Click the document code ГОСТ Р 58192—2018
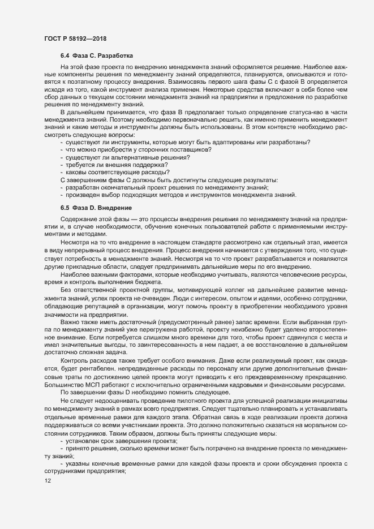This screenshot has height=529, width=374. pyautogui.click(x=75, y=39)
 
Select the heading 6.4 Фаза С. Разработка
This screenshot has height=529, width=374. pyautogui.click(x=97, y=56)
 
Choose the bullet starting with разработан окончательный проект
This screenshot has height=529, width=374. pyautogui.click(x=167, y=186)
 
